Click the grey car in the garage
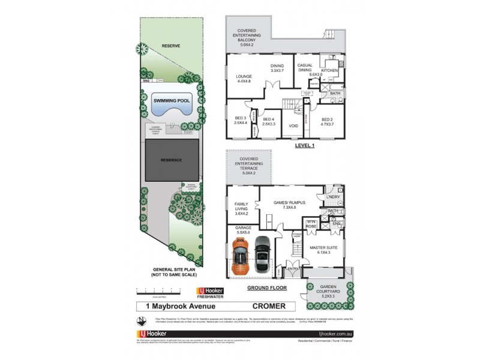coord(262,255)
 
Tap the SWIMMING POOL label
coord(171,101)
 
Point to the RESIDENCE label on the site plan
coord(171,161)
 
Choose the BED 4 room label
coord(269,121)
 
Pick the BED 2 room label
coord(326,121)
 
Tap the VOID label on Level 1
coord(294,126)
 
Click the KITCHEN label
coord(329,71)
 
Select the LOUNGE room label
coord(244,79)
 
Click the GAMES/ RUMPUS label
coord(289,205)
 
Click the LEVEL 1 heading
coord(305,145)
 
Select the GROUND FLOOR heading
coord(267,288)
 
